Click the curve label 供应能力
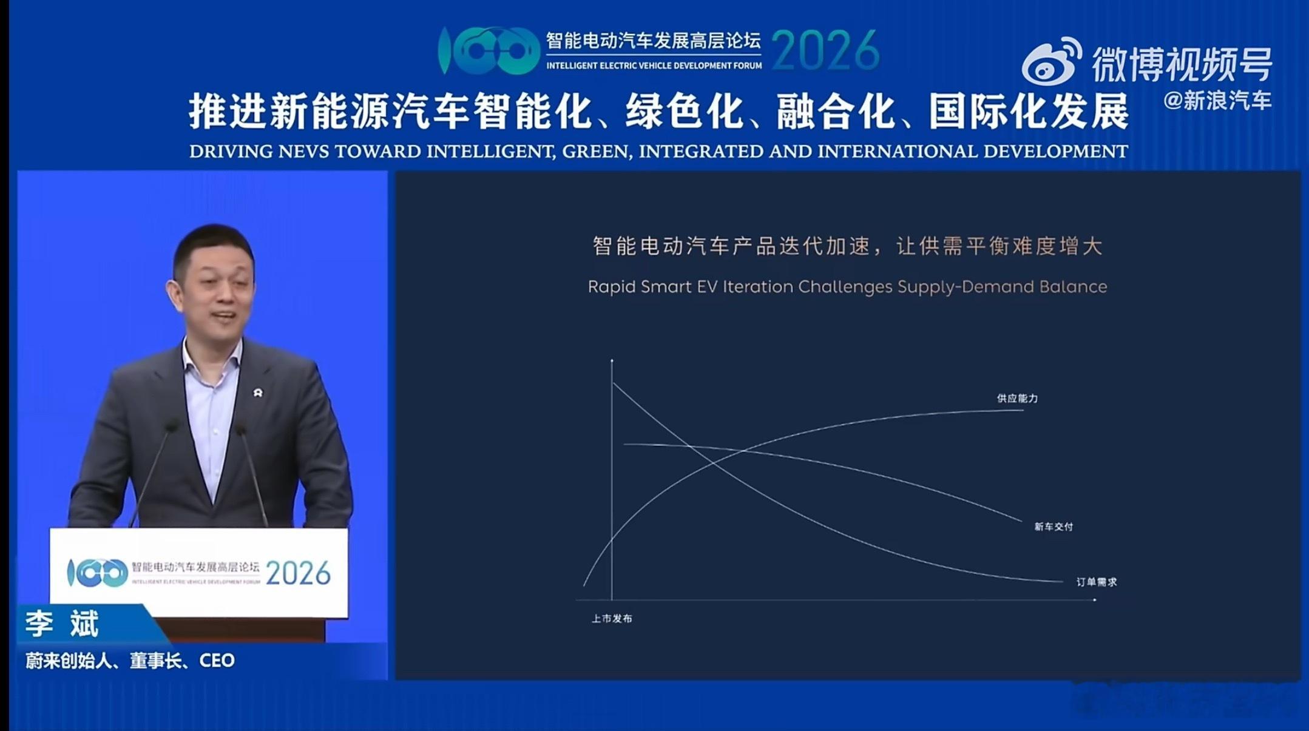(x=1017, y=399)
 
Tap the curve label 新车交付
(x=1054, y=527)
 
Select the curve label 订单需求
(x=1096, y=582)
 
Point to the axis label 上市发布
(x=612, y=618)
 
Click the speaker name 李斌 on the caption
(x=62, y=624)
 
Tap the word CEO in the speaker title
(x=217, y=660)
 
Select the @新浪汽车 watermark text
(x=1217, y=101)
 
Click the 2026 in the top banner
(x=825, y=51)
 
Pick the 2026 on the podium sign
(x=298, y=573)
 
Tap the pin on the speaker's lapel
(x=257, y=393)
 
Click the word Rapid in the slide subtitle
(x=612, y=286)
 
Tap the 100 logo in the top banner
(x=489, y=51)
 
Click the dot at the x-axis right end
(x=1095, y=600)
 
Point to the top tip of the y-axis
(x=612, y=360)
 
